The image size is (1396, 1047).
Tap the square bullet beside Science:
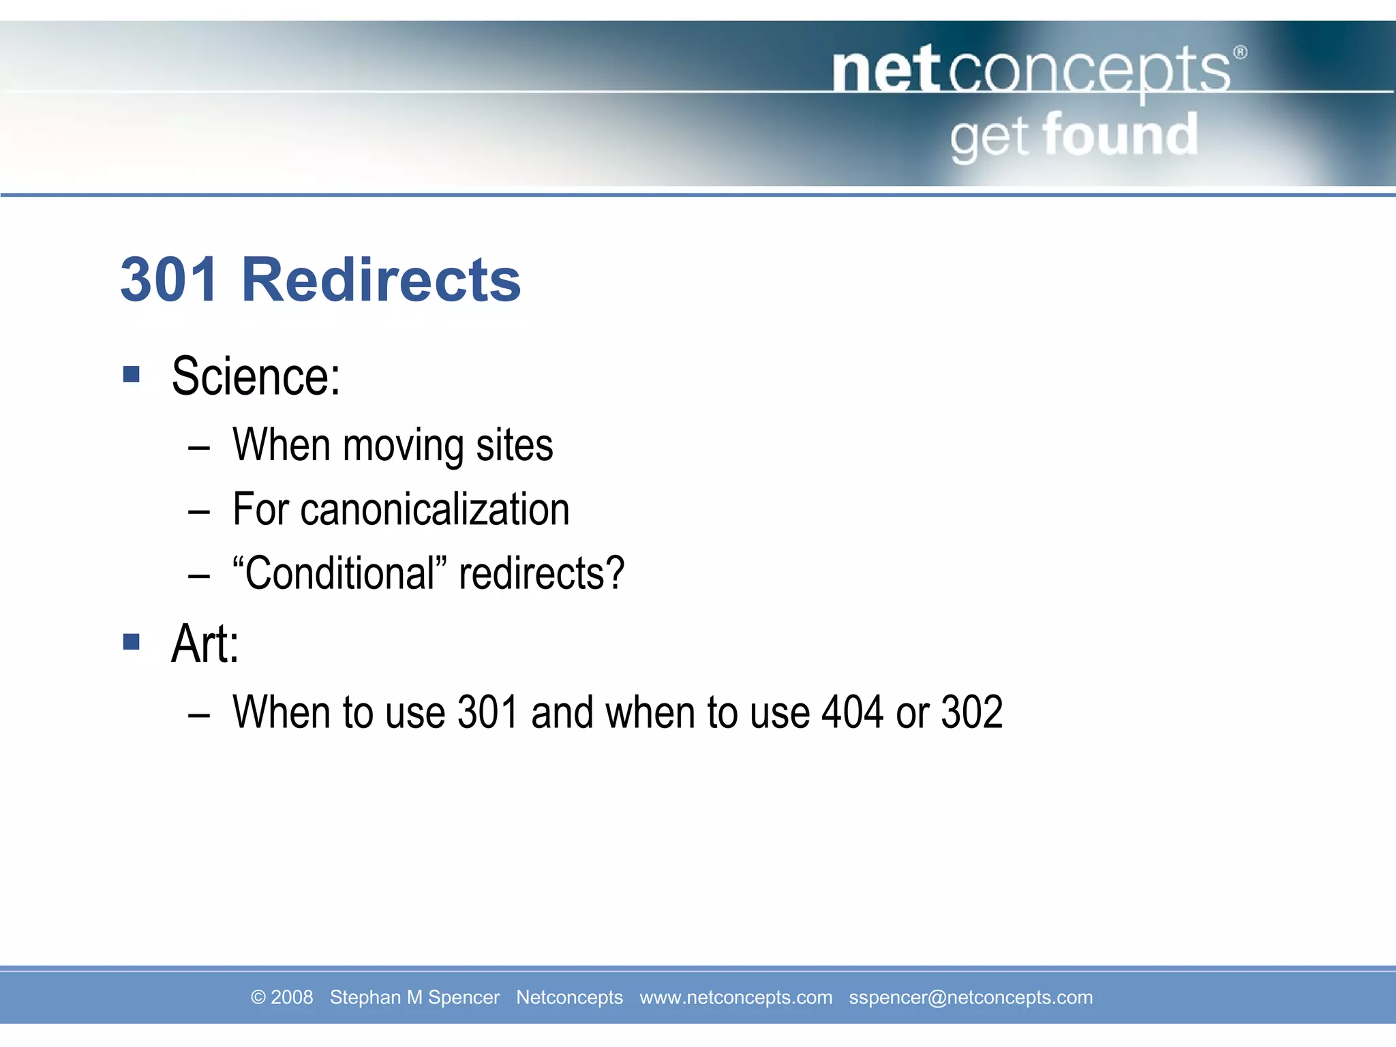pos(132,374)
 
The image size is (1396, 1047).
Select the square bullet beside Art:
pos(132,641)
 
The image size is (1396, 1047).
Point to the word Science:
pos(256,376)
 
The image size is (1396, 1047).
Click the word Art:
pos(205,644)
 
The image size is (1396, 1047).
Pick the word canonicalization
pos(435,509)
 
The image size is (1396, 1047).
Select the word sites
pos(515,446)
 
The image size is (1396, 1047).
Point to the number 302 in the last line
pos(971,712)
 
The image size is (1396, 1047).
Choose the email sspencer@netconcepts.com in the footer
pos(971,997)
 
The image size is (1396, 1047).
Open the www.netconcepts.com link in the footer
pos(735,997)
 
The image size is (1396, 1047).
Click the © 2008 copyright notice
pos(282,997)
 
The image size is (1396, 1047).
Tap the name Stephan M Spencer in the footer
pos(414,997)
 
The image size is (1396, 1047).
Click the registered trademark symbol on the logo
pos(1240,52)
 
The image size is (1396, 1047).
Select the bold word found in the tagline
pos(1120,134)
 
